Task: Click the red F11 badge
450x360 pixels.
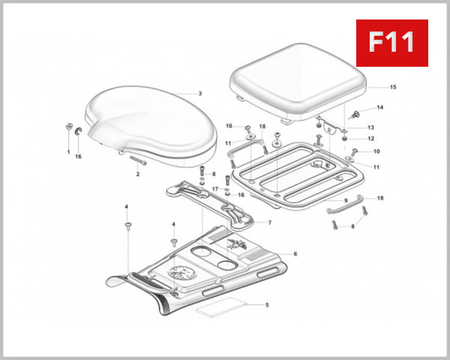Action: (x=391, y=43)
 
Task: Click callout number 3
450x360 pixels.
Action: (x=200, y=94)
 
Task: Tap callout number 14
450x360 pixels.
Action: (x=379, y=108)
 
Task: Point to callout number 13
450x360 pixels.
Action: (x=371, y=127)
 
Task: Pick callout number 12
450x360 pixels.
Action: (x=371, y=139)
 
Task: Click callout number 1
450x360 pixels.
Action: (x=67, y=152)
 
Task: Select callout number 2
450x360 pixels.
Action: (x=138, y=174)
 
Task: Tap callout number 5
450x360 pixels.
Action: (x=267, y=304)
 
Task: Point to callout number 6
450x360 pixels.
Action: (x=295, y=253)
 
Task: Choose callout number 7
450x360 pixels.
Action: (x=269, y=223)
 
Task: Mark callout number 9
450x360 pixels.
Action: (x=346, y=201)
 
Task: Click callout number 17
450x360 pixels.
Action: (x=214, y=189)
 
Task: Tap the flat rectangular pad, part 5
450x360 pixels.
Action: (x=221, y=307)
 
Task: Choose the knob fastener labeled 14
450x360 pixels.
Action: (x=357, y=114)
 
